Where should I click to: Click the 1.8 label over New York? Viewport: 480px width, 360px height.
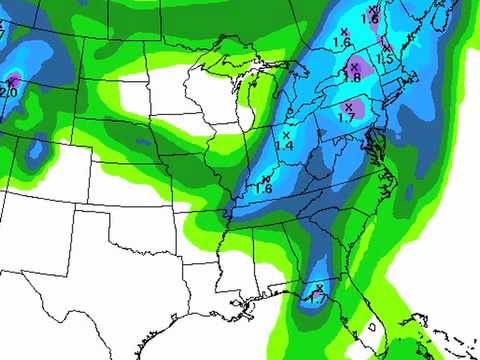351,77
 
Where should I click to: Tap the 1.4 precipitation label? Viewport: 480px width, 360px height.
284,146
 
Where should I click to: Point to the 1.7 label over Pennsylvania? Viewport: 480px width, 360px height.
347,118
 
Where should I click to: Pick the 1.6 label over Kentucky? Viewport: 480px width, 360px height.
264,188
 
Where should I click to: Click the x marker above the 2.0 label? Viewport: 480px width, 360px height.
12,80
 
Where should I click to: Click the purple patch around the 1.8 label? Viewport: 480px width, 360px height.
361,70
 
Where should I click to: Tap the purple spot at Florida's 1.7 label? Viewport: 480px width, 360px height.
319,291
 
